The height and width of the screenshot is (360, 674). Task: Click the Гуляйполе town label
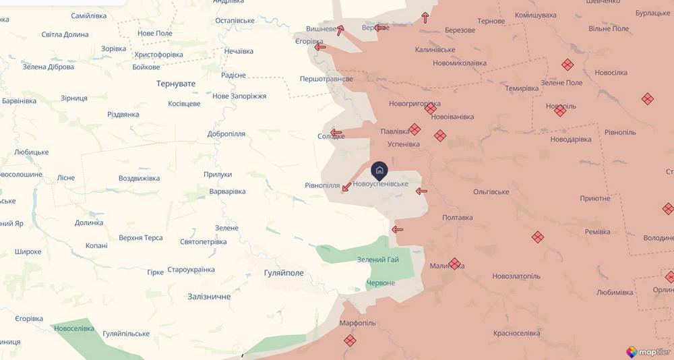tap(283, 273)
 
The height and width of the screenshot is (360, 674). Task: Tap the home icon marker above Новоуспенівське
tap(379, 170)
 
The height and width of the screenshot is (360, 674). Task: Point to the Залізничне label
tap(209, 297)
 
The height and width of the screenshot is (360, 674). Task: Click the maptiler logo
tap(650, 352)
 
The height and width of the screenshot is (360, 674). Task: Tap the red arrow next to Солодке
tap(335, 133)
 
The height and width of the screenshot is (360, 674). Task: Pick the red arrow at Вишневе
tap(340, 30)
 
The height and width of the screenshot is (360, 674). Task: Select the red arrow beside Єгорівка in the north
tap(320, 47)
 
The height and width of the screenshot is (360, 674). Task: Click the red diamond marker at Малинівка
tap(454, 264)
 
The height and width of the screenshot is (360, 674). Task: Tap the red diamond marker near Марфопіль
tap(350, 340)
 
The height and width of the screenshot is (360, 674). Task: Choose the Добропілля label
tap(226, 134)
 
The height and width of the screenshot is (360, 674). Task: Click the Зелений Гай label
tap(378, 260)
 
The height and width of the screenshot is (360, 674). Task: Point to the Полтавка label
tap(458, 218)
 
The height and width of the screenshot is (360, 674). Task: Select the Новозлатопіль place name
tap(516, 276)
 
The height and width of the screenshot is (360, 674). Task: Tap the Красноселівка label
tap(516, 333)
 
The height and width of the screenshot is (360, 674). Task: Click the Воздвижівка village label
tap(139, 179)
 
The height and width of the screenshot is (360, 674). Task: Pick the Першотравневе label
tap(326, 79)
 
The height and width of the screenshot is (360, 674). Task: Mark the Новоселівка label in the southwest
tap(74, 328)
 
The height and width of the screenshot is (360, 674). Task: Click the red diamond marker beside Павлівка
tap(415, 129)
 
